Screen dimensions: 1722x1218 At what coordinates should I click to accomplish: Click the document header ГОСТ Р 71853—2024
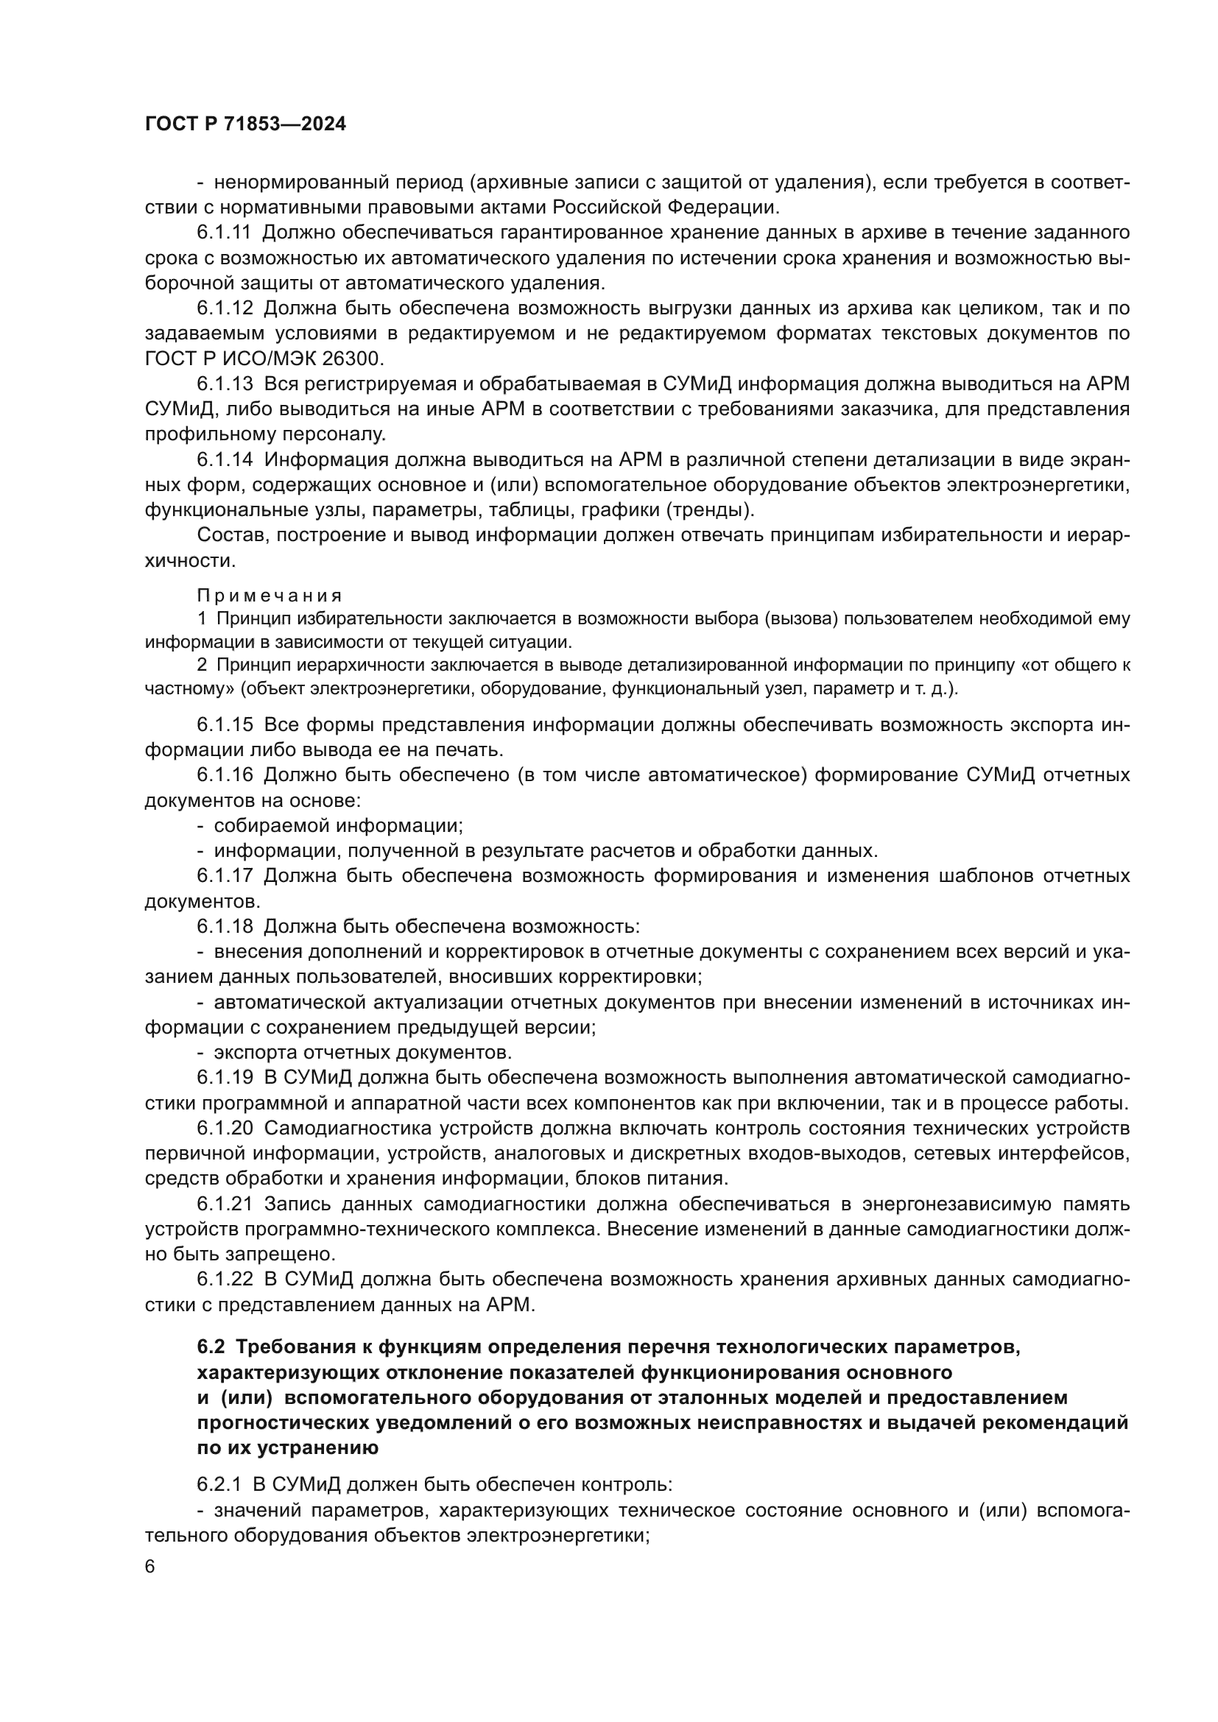point(245,124)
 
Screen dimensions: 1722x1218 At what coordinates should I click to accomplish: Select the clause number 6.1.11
point(225,233)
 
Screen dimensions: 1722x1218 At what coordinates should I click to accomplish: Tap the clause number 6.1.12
point(225,309)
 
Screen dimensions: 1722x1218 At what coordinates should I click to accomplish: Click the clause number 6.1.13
point(225,384)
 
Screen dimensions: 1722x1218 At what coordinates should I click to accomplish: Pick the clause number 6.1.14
point(225,459)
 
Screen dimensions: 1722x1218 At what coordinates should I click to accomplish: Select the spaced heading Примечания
point(270,596)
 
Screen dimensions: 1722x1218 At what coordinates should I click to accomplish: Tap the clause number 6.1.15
point(225,725)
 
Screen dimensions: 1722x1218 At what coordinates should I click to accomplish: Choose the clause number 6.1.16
point(225,775)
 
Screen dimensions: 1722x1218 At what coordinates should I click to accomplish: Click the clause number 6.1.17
point(225,876)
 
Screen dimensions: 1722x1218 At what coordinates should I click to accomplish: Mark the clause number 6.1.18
point(225,927)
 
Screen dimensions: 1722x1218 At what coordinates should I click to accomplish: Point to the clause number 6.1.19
point(225,1078)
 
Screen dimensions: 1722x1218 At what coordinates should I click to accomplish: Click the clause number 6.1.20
point(225,1129)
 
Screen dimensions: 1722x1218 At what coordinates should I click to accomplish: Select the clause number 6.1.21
point(225,1204)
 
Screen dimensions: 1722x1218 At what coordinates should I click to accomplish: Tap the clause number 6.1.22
point(225,1280)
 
